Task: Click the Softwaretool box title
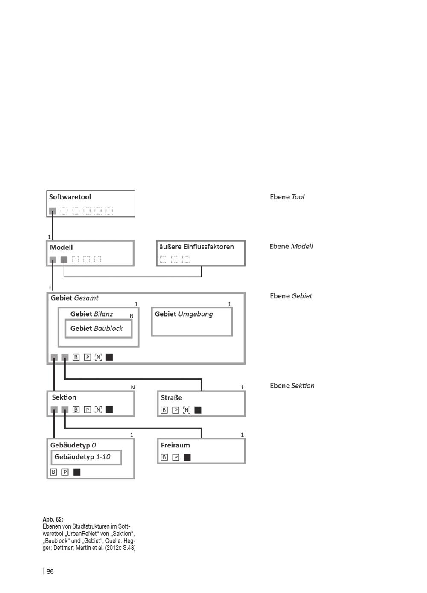(x=70, y=197)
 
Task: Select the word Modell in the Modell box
(x=61, y=247)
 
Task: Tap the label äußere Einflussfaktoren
(x=196, y=247)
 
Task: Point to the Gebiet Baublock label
(x=97, y=329)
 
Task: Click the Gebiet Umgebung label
(x=184, y=314)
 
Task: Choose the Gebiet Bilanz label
(x=92, y=314)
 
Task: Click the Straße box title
(x=171, y=397)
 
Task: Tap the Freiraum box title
(x=175, y=445)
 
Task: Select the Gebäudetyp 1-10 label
(x=82, y=457)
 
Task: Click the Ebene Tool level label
(x=287, y=197)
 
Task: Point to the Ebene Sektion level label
(x=292, y=386)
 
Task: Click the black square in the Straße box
(x=198, y=410)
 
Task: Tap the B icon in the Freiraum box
(x=164, y=457)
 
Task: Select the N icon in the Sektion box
(x=98, y=410)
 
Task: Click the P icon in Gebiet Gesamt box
(x=87, y=357)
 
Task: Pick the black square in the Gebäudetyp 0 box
(x=77, y=472)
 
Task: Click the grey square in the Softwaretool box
(x=53, y=211)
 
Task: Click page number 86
(x=50, y=572)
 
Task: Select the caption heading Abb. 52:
(x=53, y=519)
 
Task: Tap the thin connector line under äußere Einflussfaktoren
(x=132, y=277)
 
